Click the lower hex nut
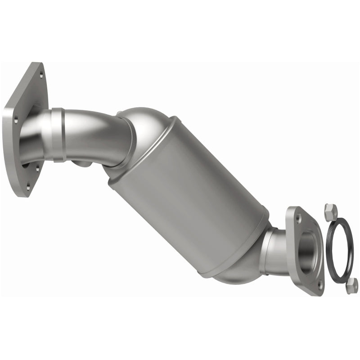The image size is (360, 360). point(352,284)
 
